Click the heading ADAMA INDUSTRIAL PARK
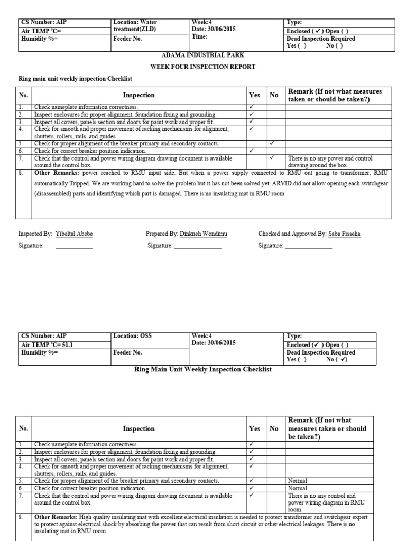[202, 55]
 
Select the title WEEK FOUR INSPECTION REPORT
[202, 67]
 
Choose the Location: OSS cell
[132, 336]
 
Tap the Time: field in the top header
[200, 37]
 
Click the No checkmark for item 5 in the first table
[272, 143]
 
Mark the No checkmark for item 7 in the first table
[272, 157]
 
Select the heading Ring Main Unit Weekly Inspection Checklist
[203, 369]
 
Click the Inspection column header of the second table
[139, 429]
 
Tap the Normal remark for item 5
[298, 481]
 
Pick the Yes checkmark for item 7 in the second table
[252, 496]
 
